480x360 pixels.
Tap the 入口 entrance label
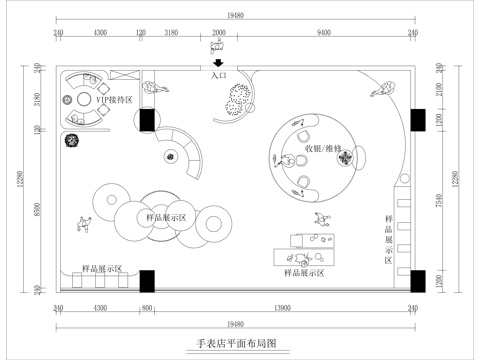coord(220,75)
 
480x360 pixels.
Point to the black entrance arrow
coord(220,64)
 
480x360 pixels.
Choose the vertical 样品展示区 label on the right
coord(388,241)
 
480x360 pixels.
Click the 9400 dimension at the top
coord(323,34)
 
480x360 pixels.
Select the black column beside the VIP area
coord(147,120)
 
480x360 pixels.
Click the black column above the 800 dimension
coord(148,281)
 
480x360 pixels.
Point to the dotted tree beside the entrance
coord(240,99)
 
